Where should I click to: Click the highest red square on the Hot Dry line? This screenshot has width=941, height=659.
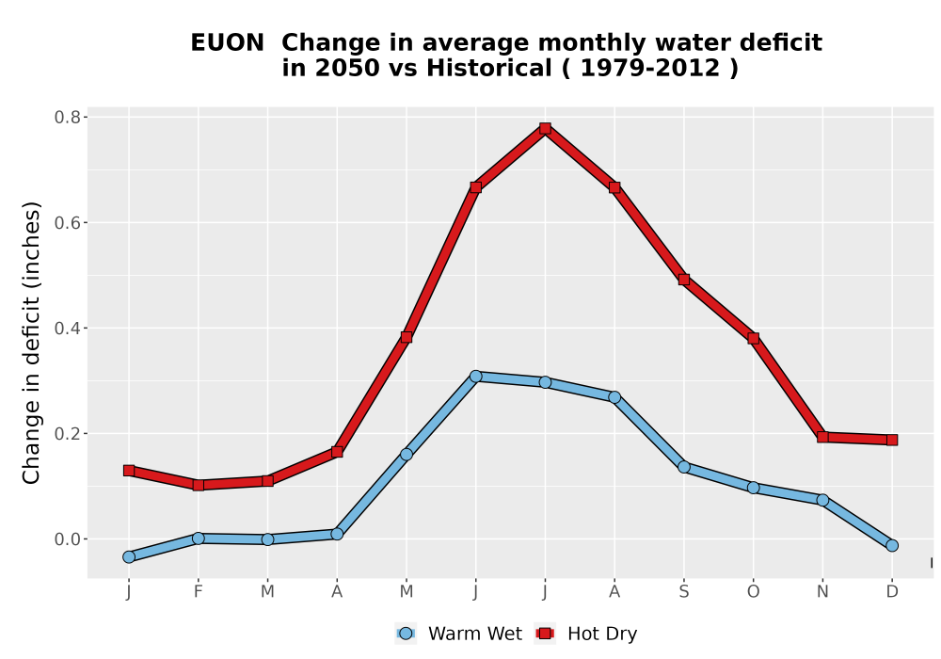(x=545, y=128)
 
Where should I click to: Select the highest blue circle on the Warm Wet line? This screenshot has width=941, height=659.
(x=476, y=377)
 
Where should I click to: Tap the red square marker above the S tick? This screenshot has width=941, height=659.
(x=683, y=280)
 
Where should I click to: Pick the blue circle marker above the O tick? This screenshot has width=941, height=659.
(x=753, y=488)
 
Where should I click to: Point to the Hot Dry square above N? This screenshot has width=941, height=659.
(x=822, y=437)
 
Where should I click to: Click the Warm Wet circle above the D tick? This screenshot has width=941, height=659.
(x=892, y=546)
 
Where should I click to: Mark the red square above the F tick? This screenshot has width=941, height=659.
(x=198, y=485)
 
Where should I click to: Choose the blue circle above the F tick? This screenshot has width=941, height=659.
(x=198, y=538)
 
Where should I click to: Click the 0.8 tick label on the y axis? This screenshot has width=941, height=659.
(x=67, y=117)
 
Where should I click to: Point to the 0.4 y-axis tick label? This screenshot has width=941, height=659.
(x=67, y=329)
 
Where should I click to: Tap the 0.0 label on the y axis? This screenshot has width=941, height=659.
(x=67, y=539)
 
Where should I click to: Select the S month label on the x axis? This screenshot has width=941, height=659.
(x=683, y=592)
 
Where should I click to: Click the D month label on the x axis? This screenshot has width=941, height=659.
(x=892, y=592)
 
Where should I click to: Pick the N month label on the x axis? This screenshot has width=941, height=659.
(x=822, y=592)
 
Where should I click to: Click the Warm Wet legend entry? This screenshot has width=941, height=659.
(x=459, y=634)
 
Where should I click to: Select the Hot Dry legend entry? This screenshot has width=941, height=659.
(x=586, y=634)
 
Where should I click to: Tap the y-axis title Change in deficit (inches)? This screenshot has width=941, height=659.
(x=31, y=343)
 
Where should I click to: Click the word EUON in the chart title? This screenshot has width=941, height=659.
(x=227, y=43)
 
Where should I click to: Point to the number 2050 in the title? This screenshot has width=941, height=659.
(x=347, y=69)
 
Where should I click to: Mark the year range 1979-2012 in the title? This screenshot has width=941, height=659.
(x=650, y=69)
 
